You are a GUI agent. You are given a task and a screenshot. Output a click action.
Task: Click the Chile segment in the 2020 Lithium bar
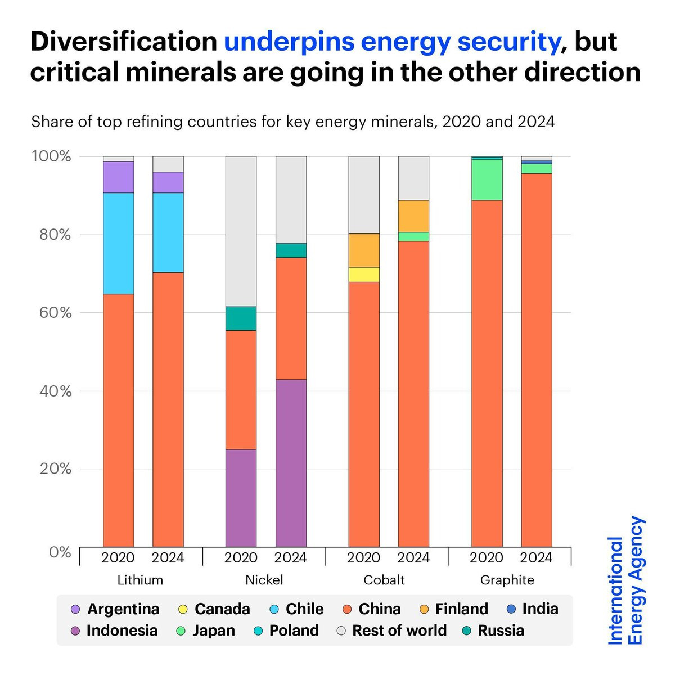118,243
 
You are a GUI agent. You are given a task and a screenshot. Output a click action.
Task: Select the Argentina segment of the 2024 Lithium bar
168,182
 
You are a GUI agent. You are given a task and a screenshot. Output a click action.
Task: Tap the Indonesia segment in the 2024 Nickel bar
291,462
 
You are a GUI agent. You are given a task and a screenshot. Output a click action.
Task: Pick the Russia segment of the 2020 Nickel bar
241,318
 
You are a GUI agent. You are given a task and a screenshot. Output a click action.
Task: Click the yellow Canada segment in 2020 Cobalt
364,274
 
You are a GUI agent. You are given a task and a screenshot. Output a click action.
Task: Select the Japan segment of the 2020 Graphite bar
487,179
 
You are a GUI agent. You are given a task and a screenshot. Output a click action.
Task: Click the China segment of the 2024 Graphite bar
537,360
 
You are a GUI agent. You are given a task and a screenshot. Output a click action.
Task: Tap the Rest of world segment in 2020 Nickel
241,231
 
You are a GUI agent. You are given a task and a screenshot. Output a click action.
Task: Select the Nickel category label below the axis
264,580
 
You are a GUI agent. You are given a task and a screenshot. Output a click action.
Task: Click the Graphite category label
507,580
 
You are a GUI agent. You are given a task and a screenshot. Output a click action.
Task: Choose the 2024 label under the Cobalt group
413,557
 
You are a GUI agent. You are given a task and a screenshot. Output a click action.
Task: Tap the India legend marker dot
511,609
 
